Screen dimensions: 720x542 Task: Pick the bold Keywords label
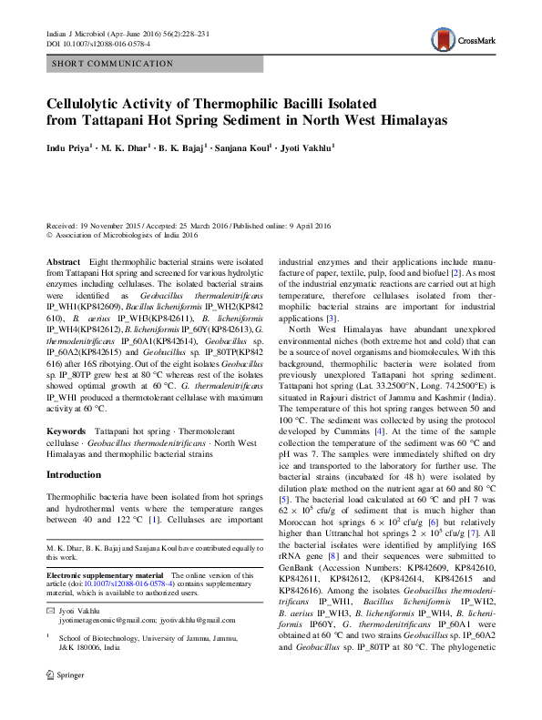click(x=66, y=427)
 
